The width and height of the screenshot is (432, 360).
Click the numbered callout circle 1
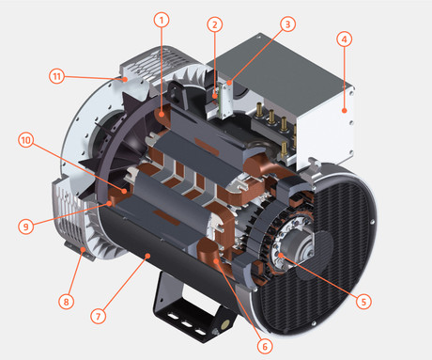(162, 21)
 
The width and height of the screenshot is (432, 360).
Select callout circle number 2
(215, 24)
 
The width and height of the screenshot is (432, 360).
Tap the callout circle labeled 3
(287, 23)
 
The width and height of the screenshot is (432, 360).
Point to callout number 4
(345, 39)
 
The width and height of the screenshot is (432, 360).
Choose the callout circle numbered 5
(363, 302)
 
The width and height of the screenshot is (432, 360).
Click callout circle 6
(265, 346)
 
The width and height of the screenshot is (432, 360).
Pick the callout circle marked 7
(99, 316)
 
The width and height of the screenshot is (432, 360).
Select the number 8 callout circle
(66, 302)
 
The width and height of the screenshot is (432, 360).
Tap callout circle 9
(25, 227)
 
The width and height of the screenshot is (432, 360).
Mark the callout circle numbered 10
(26, 140)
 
